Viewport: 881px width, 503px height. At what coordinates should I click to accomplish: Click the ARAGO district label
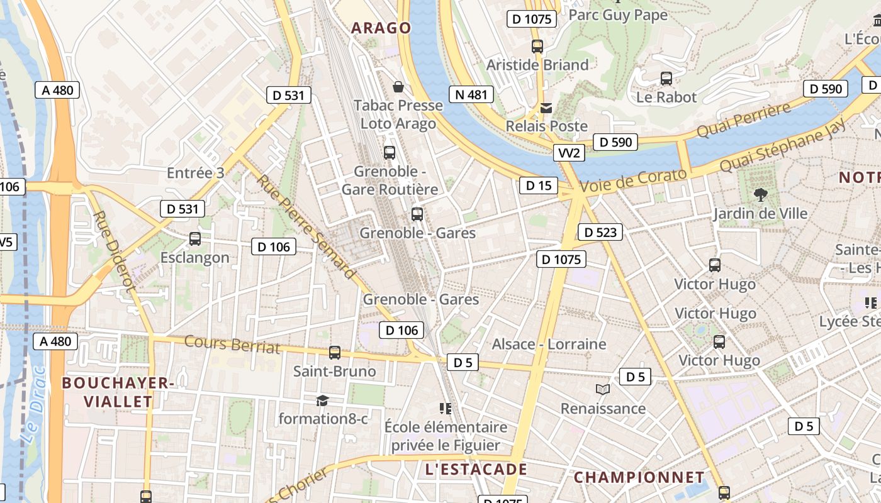point(381,28)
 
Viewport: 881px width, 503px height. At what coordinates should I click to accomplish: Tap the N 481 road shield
point(471,94)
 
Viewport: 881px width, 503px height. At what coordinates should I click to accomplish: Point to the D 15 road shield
point(538,185)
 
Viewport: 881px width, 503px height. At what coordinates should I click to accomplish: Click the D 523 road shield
point(600,232)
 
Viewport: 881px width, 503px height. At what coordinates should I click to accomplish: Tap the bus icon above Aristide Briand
point(537,46)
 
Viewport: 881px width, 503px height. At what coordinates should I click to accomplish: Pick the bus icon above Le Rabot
point(666,79)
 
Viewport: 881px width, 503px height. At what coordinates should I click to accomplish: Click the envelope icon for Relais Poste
point(546,108)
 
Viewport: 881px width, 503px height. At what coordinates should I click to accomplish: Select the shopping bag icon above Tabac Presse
point(398,86)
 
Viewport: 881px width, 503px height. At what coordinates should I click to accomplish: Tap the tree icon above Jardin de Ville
point(760,194)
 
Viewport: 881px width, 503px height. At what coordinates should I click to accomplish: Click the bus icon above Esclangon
point(195,239)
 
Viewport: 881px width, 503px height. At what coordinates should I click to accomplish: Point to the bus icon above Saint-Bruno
point(335,353)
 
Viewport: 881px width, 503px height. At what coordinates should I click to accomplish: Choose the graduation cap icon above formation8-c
point(322,401)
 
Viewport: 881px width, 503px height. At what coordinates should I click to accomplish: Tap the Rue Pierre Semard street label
point(306,226)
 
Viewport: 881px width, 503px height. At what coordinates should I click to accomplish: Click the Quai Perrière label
point(743,121)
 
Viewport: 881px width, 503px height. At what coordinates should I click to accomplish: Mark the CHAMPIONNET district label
point(639,477)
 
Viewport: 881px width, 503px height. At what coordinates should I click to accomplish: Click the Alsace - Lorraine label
point(549,344)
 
